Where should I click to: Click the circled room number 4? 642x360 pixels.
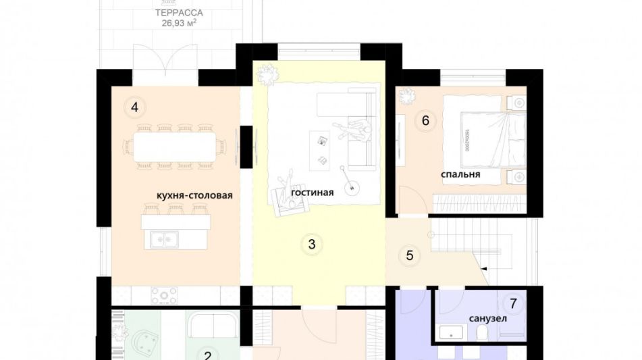click(x=134, y=107)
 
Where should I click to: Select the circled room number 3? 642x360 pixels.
click(x=311, y=245)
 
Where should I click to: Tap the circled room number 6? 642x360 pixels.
click(x=425, y=121)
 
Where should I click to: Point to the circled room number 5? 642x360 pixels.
click(x=409, y=255)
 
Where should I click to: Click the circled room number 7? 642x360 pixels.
click(x=512, y=303)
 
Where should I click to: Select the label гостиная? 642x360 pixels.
click(x=313, y=192)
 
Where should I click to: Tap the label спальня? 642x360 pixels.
click(x=460, y=174)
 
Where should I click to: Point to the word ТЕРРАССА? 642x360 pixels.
click(x=179, y=13)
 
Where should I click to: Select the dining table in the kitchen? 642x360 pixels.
click(x=175, y=146)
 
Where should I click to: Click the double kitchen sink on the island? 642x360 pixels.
click(x=164, y=239)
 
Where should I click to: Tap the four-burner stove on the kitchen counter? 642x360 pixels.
click(x=164, y=295)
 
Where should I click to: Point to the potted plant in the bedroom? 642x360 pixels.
click(x=407, y=97)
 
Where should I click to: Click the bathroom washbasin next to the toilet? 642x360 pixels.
click(x=451, y=332)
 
